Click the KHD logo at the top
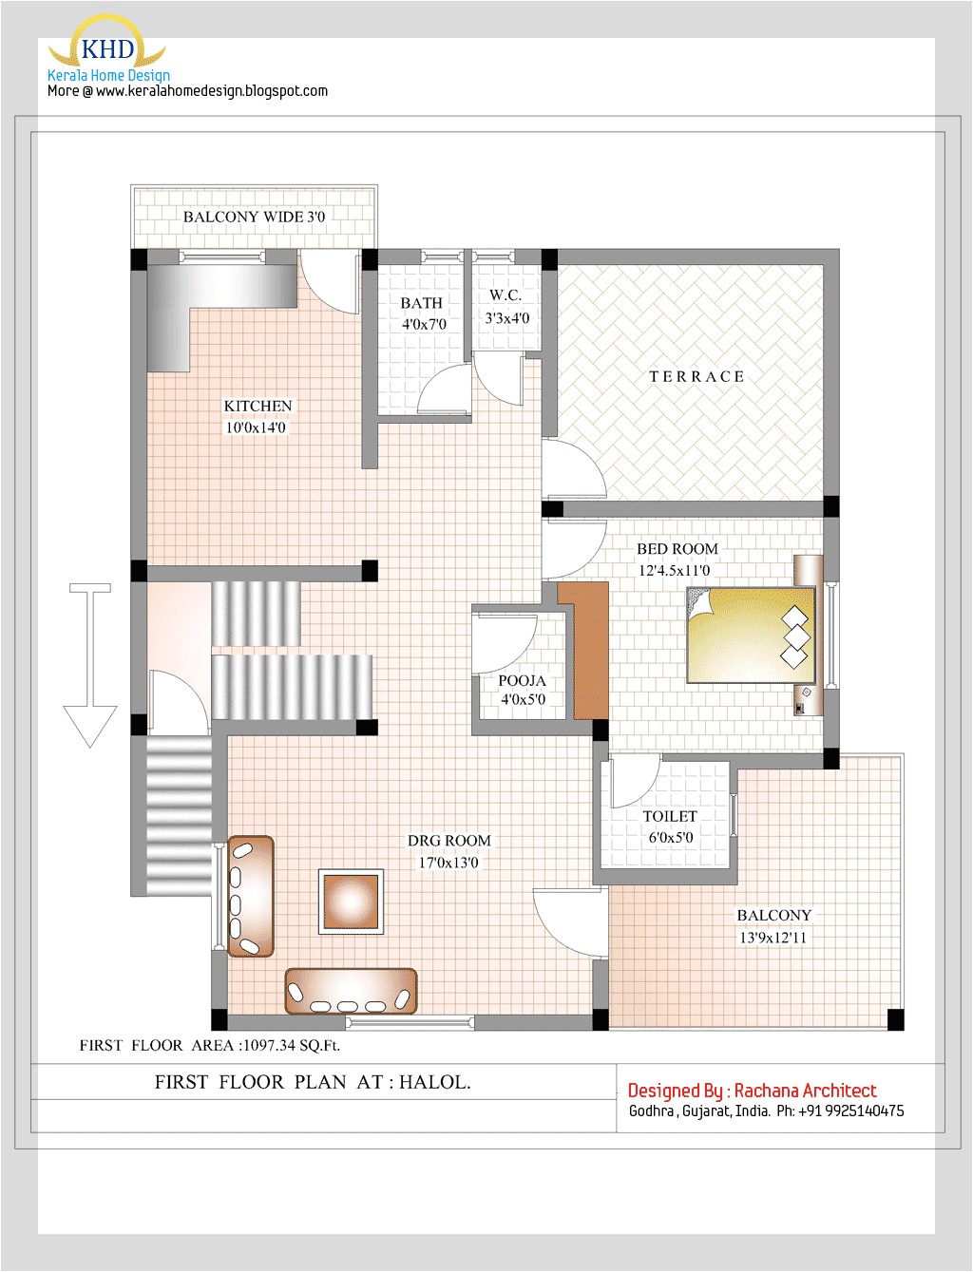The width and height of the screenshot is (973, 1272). [107, 47]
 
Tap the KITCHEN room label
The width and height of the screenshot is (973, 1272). [258, 407]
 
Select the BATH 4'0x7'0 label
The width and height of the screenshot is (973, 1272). [423, 313]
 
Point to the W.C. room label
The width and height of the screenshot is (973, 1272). [506, 295]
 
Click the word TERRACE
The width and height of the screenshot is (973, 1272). [696, 377]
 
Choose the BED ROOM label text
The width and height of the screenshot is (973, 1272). [677, 549]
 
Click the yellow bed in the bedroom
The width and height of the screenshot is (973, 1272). [750, 635]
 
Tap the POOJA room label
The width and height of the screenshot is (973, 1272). [522, 681]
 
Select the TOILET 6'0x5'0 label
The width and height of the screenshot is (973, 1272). [670, 826]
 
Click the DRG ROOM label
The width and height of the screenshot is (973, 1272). [449, 841]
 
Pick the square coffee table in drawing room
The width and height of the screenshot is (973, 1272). [351, 901]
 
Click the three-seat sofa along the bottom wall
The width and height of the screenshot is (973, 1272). [351, 991]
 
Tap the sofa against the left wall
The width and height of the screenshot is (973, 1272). [251, 895]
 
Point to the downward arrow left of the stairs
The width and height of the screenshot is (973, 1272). [90, 665]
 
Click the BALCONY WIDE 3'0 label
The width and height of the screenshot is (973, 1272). [254, 217]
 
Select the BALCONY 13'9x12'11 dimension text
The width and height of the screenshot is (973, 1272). [773, 938]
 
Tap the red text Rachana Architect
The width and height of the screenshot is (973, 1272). [805, 1091]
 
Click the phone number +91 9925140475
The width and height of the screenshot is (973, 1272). [851, 1111]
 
